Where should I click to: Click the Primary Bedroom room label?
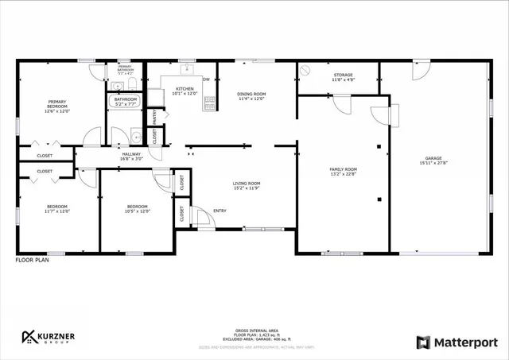coord(57,103)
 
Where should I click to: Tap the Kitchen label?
coord(185,89)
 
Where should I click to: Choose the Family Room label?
coord(344,169)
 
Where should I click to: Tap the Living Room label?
coord(247,184)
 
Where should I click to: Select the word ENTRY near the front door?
coord(220,211)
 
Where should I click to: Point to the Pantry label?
coord(154,117)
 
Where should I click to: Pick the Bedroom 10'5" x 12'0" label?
coord(138,208)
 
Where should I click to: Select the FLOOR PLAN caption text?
coord(32,260)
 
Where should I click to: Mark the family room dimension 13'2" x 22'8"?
coord(344,174)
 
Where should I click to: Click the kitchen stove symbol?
coord(211,102)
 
